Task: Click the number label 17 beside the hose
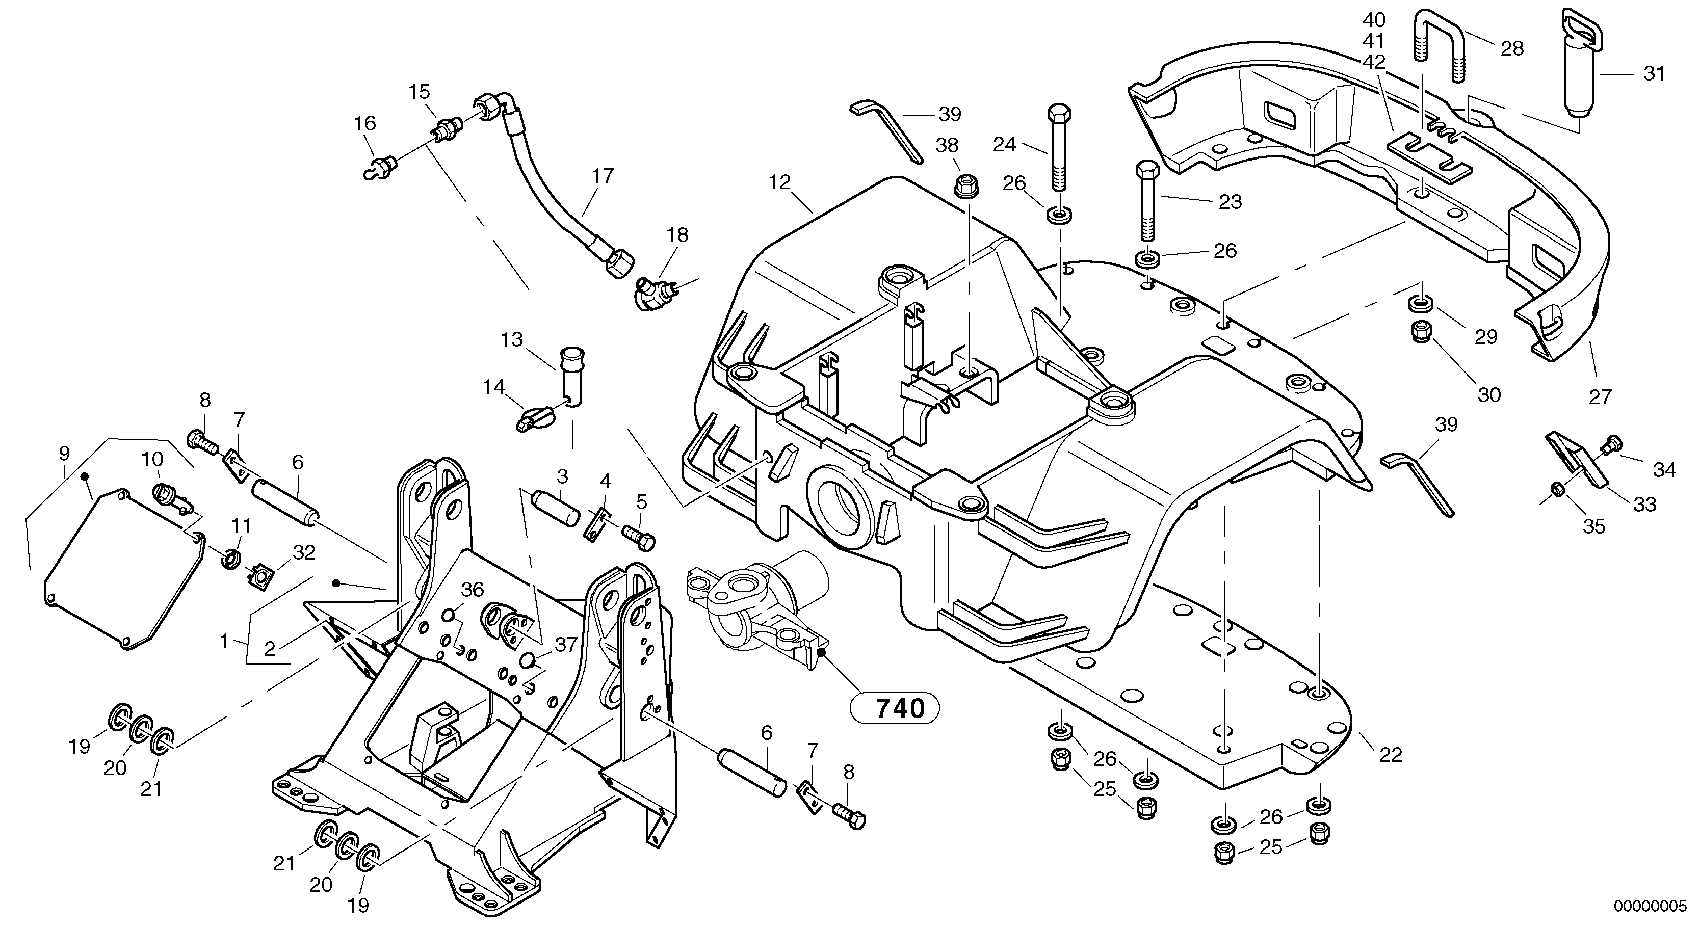coord(603,176)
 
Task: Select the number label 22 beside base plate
coord(1391,754)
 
